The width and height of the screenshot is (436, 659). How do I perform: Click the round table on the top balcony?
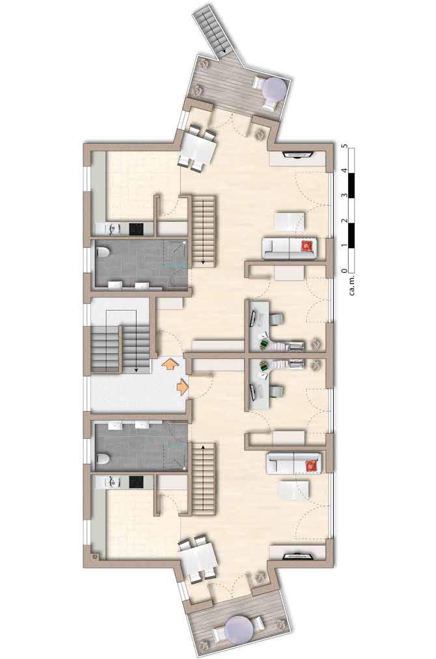(275, 89)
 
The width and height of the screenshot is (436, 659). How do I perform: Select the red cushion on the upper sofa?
(308, 246)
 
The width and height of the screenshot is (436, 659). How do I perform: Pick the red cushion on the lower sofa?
(312, 466)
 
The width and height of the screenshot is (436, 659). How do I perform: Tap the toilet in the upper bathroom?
(102, 253)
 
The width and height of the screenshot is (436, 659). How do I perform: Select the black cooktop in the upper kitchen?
(137, 229)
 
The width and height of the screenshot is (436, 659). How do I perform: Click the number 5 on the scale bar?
(345, 146)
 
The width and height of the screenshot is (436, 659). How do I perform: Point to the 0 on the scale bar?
(345, 271)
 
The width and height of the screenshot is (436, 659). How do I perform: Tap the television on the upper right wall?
(299, 155)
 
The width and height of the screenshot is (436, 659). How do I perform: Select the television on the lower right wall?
(299, 557)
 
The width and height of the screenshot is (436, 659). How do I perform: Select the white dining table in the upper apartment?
(198, 148)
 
